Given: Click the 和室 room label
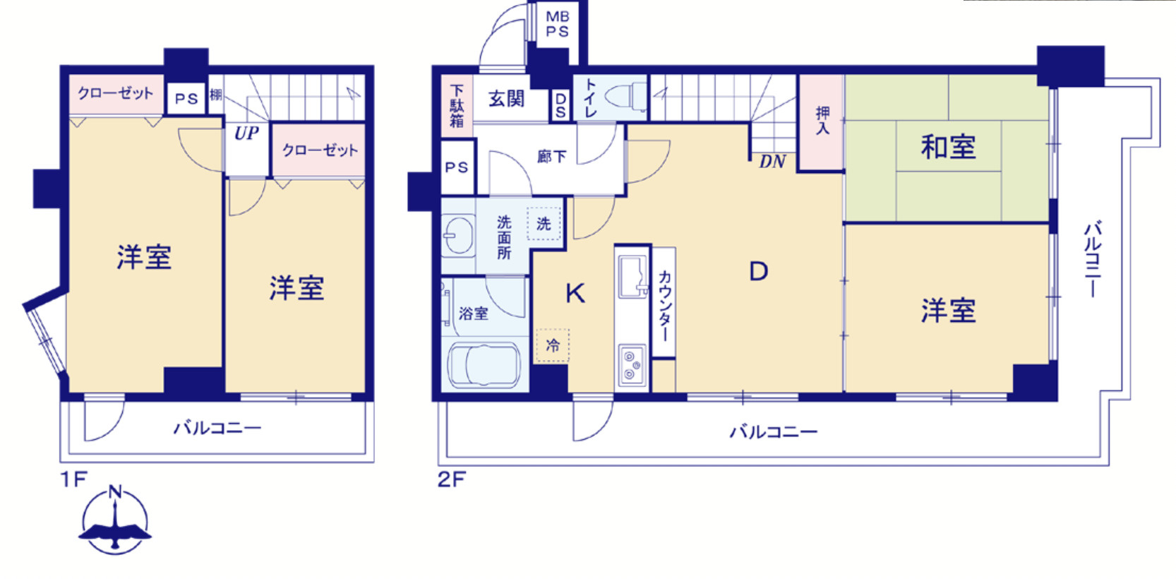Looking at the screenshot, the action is click(948, 147).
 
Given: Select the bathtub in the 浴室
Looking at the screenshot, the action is click(484, 365).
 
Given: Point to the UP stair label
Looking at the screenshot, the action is click(246, 133).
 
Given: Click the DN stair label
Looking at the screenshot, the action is click(772, 162).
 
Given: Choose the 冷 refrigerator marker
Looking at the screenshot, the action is click(552, 345).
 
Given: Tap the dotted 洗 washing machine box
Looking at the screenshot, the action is click(544, 224).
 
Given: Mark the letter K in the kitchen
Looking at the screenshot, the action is click(575, 294).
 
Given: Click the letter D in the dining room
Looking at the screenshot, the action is click(759, 271).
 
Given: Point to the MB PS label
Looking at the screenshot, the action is click(557, 24).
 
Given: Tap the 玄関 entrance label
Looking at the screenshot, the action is click(507, 98).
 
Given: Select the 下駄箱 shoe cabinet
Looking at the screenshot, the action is click(457, 107).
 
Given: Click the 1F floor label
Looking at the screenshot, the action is click(73, 479).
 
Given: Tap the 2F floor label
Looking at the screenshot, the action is click(452, 479).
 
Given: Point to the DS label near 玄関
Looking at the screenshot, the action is click(560, 105).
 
